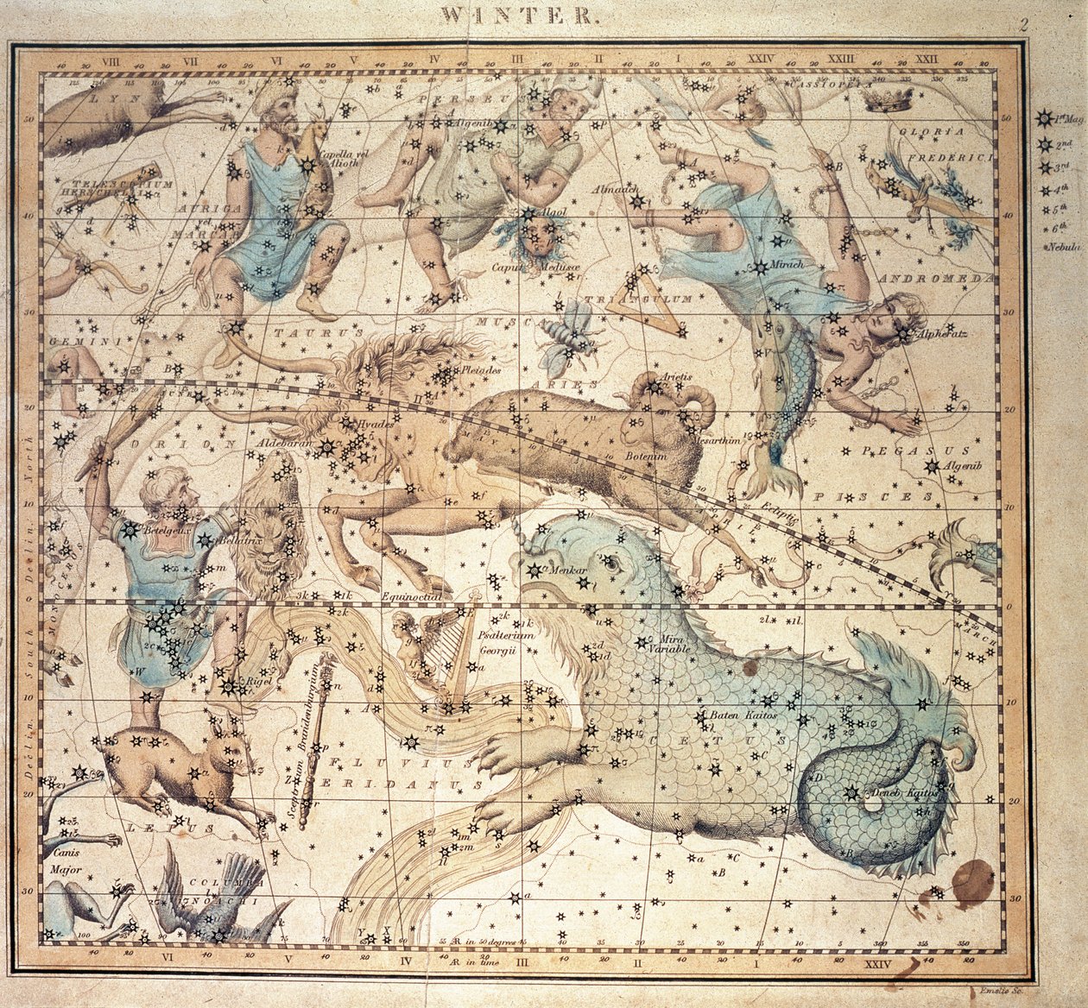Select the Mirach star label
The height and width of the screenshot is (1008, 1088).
(x=787, y=264)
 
